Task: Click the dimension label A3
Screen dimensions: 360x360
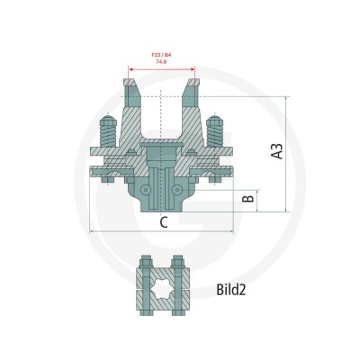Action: point(277,151)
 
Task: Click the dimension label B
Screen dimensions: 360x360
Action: point(248,198)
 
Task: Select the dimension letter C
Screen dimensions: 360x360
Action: point(164,222)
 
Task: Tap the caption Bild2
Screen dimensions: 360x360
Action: point(231,290)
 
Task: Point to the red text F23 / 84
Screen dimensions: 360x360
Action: point(162,55)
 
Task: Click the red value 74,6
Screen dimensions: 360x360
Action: point(161,61)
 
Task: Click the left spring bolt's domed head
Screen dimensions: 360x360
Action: point(108,120)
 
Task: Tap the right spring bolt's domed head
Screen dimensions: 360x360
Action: point(215,120)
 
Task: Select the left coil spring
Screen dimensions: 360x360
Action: point(108,136)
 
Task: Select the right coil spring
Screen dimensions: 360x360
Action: point(215,136)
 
